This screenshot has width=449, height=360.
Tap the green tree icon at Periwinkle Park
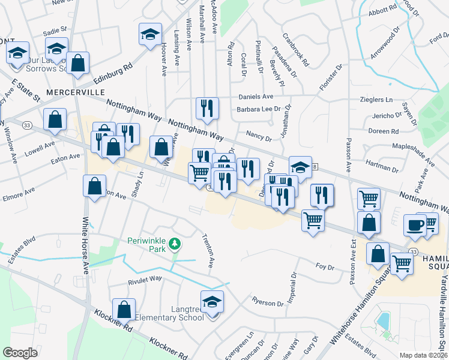point(174,244)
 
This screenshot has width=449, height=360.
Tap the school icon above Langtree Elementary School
point(212,301)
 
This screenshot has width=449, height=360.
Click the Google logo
point(20,353)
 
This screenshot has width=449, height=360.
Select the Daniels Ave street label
point(256,97)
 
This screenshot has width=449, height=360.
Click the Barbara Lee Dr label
point(259,109)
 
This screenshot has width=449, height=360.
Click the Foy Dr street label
point(324,266)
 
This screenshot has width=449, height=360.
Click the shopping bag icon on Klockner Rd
point(124,309)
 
